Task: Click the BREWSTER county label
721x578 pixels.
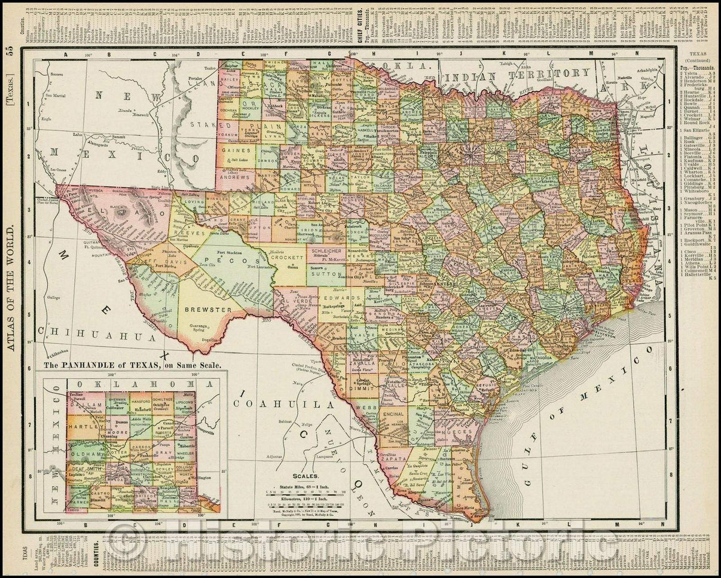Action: (x=207, y=310)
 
